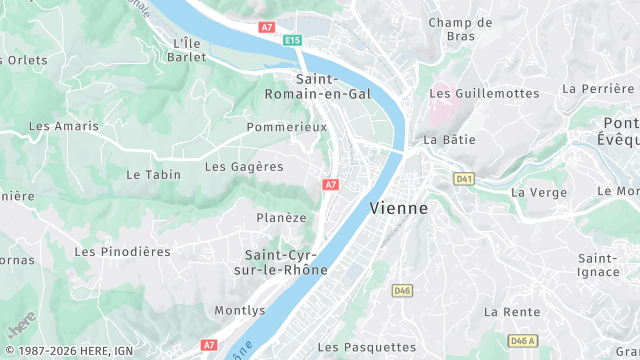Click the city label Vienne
[398, 209]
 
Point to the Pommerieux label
[286, 127]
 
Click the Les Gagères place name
[244, 167]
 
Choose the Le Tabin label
[154, 174]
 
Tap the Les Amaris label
[64, 126]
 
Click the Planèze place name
[281, 217]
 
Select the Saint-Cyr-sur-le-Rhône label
[286, 262]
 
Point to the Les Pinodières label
[122, 252]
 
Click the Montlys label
[240, 311]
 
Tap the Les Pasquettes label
[366, 347]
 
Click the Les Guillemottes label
[484, 93]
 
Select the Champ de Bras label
[460, 30]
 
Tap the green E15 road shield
[292, 40]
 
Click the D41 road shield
[463, 178]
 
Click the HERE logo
[21, 324]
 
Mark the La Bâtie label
[450, 140]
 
